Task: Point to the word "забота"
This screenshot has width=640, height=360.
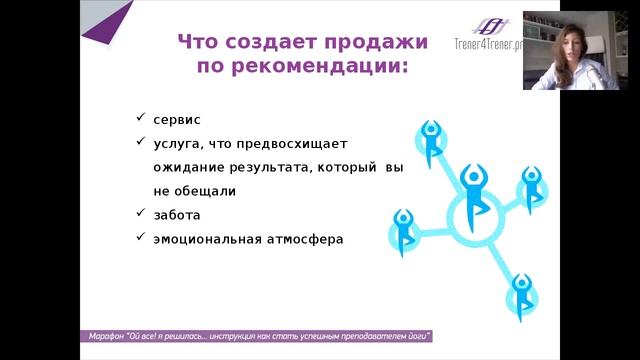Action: pos(176,215)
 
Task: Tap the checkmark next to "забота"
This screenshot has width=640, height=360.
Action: pos(143,214)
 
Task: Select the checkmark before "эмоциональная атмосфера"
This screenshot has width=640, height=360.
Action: pos(143,238)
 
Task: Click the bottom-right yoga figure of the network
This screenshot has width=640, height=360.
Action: pos(520,294)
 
